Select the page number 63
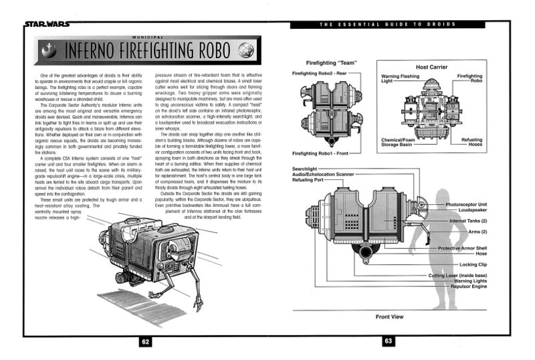tap(389, 341)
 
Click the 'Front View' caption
tap(388, 317)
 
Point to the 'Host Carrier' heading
tap(431, 67)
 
